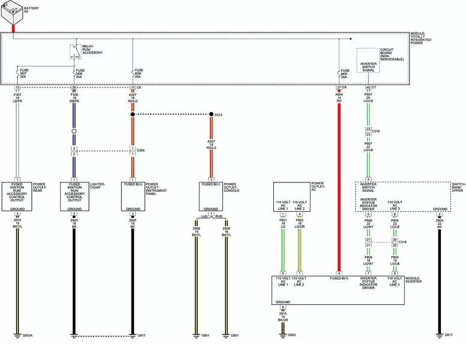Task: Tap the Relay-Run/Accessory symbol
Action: coord(74,52)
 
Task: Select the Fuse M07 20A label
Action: coord(25,73)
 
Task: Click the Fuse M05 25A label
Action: coord(345,73)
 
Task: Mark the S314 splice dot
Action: coord(211,114)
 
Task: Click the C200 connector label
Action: coord(141,150)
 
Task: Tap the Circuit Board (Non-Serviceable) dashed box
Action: coord(368,60)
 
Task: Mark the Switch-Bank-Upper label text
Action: coord(458,187)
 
